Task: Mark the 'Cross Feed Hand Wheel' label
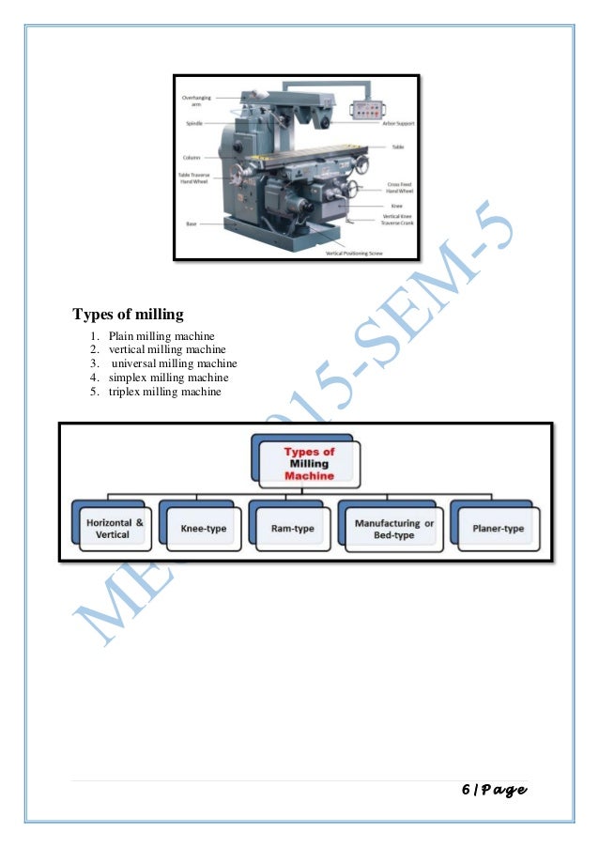click(x=400, y=187)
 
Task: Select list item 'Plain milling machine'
click(x=161, y=336)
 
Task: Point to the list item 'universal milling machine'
click(x=174, y=363)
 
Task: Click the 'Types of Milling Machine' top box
click(x=309, y=463)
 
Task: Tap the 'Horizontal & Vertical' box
click(x=115, y=528)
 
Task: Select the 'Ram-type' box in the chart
click(x=294, y=528)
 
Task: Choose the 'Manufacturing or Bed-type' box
click(x=393, y=528)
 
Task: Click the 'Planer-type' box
click(x=498, y=528)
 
